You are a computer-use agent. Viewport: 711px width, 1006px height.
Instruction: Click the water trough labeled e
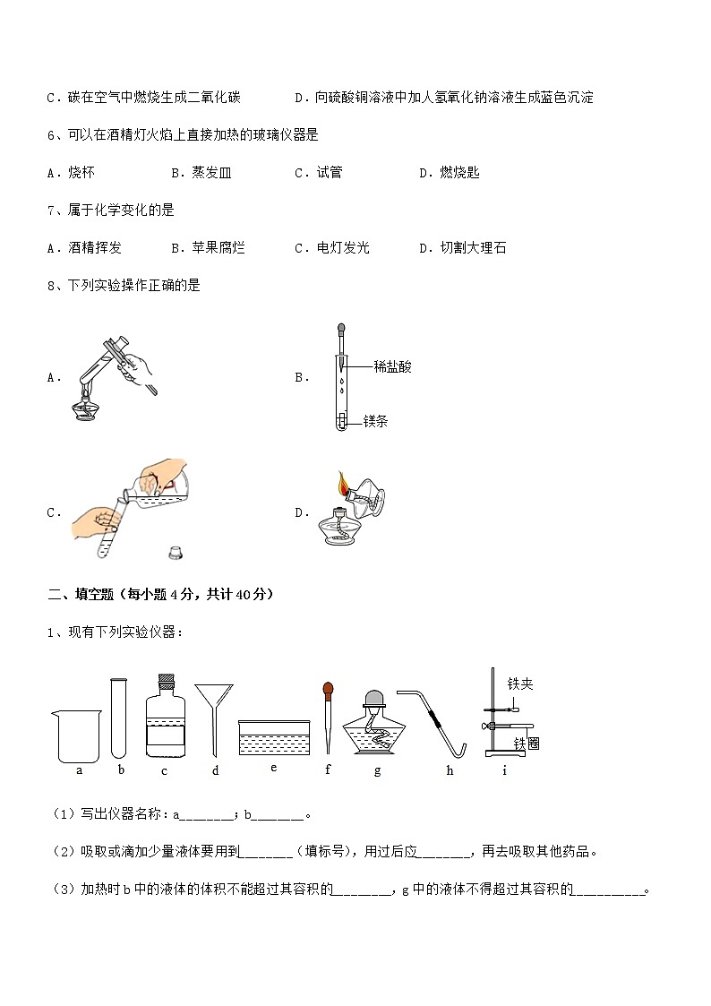(x=273, y=736)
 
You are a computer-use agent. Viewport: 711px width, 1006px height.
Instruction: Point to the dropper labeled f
(x=329, y=717)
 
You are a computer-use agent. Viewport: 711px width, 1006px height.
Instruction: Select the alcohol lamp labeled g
(x=377, y=725)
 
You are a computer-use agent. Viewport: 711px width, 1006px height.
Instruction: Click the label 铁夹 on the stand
(x=520, y=684)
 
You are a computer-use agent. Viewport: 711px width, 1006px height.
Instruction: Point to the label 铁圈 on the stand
(x=527, y=744)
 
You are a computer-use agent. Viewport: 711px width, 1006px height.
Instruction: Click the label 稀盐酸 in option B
(x=392, y=366)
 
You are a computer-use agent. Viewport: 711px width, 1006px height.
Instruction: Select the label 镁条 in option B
(x=375, y=421)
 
